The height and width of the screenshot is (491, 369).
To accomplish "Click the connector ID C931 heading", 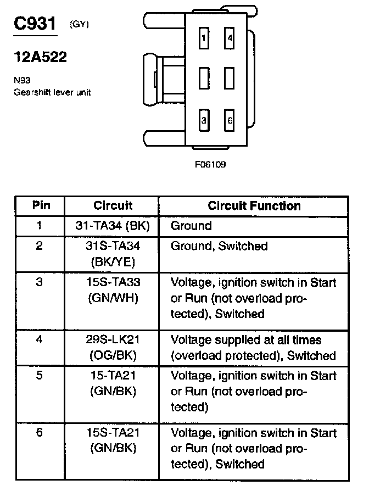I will pyautogui.click(x=35, y=24).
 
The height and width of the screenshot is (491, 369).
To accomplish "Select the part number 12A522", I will pyautogui.click(x=40, y=57).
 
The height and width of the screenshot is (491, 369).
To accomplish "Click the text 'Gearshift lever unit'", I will pyautogui.click(x=52, y=92).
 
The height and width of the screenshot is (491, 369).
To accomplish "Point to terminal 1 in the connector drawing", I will pyautogui.click(x=204, y=38).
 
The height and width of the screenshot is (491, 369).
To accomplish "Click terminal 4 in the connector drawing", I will pyautogui.click(x=230, y=38).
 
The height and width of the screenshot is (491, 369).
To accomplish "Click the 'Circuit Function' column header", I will pyautogui.click(x=254, y=206).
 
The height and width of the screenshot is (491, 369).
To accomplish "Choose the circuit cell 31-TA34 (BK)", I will pyautogui.click(x=113, y=226).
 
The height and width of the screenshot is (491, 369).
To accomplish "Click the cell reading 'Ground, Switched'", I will pyautogui.click(x=219, y=246).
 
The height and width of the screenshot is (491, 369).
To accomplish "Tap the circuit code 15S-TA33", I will pyautogui.click(x=113, y=283).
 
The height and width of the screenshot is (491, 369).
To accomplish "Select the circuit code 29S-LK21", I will pyautogui.click(x=113, y=340).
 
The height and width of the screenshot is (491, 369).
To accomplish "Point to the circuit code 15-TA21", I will pyautogui.click(x=113, y=376).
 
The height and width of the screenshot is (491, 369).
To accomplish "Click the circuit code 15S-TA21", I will pyautogui.click(x=113, y=433).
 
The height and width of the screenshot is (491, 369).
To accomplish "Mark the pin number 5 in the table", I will pyautogui.click(x=39, y=376).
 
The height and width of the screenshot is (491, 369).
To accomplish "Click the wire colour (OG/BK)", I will pyautogui.click(x=113, y=355).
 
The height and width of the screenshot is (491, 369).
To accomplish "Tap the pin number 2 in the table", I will pyautogui.click(x=39, y=246).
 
